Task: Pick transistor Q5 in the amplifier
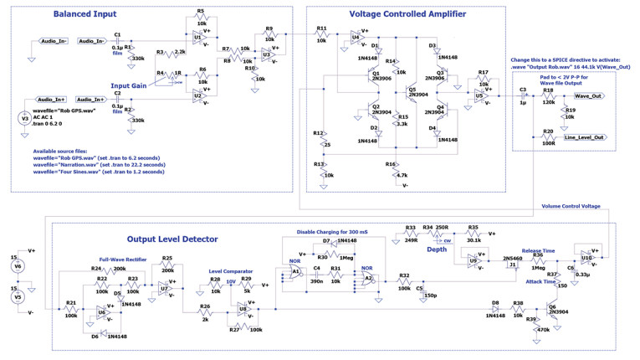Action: click(405, 94)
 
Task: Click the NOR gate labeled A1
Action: click(295, 271)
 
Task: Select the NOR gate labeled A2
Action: click(366, 277)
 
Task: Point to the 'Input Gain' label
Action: click(130, 85)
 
